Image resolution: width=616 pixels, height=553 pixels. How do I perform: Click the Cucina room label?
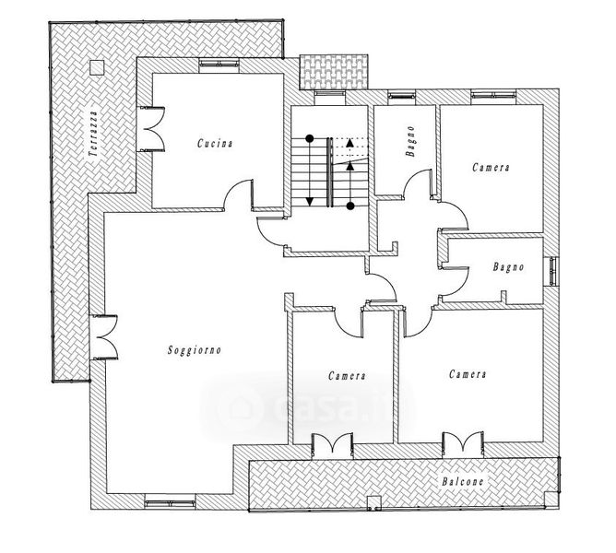tap(215, 144)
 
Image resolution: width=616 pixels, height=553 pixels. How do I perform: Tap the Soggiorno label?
tap(195, 349)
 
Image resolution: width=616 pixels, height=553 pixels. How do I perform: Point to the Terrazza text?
tap(93, 134)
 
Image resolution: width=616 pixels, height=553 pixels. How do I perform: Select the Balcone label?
tap(462, 481)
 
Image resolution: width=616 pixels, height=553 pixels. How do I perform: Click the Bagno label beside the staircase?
tap(410, 141)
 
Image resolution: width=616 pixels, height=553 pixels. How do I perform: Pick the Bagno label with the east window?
tap(508, 267)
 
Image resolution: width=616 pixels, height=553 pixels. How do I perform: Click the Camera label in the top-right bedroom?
tap(492, 168)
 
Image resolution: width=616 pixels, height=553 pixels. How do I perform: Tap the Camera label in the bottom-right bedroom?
tap(468, 374)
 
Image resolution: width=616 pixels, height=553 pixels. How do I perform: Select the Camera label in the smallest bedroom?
tap(348, 376)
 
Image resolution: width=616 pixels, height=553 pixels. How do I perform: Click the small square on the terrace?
tap(97, 67)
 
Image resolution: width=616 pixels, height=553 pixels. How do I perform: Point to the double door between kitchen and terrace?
tap(151, 128)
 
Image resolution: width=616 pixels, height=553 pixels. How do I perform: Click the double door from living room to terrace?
tap(103, 337)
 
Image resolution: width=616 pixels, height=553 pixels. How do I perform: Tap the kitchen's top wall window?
tap(219, 63)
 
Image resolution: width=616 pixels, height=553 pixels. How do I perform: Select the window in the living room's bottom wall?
tap(170, 503)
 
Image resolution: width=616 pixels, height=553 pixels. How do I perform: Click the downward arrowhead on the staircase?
tap(310, 202)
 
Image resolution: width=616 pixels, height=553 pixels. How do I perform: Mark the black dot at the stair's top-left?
tap(310, 138)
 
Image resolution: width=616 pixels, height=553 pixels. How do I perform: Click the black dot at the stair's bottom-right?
tap(350, 206)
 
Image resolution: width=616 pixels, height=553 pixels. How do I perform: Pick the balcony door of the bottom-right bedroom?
tap(463, 444)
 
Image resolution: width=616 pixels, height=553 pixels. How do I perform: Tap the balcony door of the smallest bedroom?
tap(332, 445)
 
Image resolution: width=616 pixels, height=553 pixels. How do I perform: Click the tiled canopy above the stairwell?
tap(334, 72)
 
